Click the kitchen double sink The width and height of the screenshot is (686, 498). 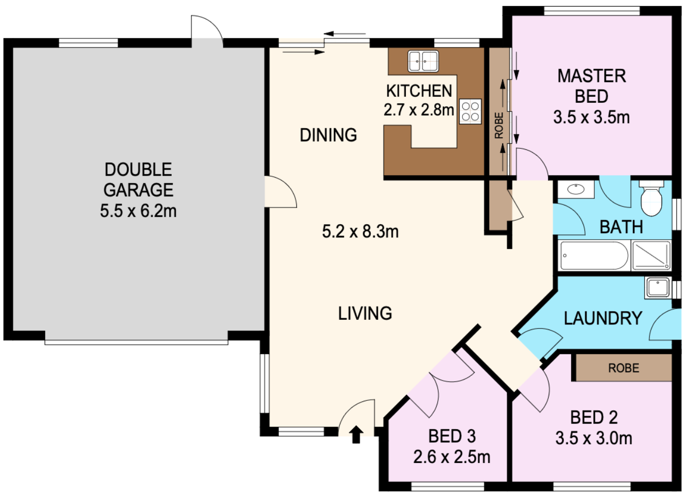(x=423, y=61)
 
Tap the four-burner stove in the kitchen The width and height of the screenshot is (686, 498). (x=470, y=111)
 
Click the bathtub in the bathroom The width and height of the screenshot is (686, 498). (x=594, y=256)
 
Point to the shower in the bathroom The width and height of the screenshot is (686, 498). (x=651, y=256)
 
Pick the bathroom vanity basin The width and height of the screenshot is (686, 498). (x=576, y=189)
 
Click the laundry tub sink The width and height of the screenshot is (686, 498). (x=658, y=287)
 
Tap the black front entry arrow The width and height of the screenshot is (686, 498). (x=356, y=434)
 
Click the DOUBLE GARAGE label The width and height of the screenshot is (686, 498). (x=138, y=180)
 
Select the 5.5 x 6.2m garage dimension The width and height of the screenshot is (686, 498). (x=138, y=211)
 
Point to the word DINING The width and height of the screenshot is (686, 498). (x=328, y=135)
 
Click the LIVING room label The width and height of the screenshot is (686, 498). (x=365, y=313)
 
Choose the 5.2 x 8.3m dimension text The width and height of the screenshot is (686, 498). (x=360, y=231)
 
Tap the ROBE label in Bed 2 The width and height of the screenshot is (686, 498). (x=624, y=368)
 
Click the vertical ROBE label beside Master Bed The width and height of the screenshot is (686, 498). (x=499, y=126)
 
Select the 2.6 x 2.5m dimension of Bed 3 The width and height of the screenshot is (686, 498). (x=452, y=458)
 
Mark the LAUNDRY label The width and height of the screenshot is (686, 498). (x=603, y=318)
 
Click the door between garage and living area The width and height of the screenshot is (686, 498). (x=281, y=192)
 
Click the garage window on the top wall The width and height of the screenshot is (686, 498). (x=88, y=43)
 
